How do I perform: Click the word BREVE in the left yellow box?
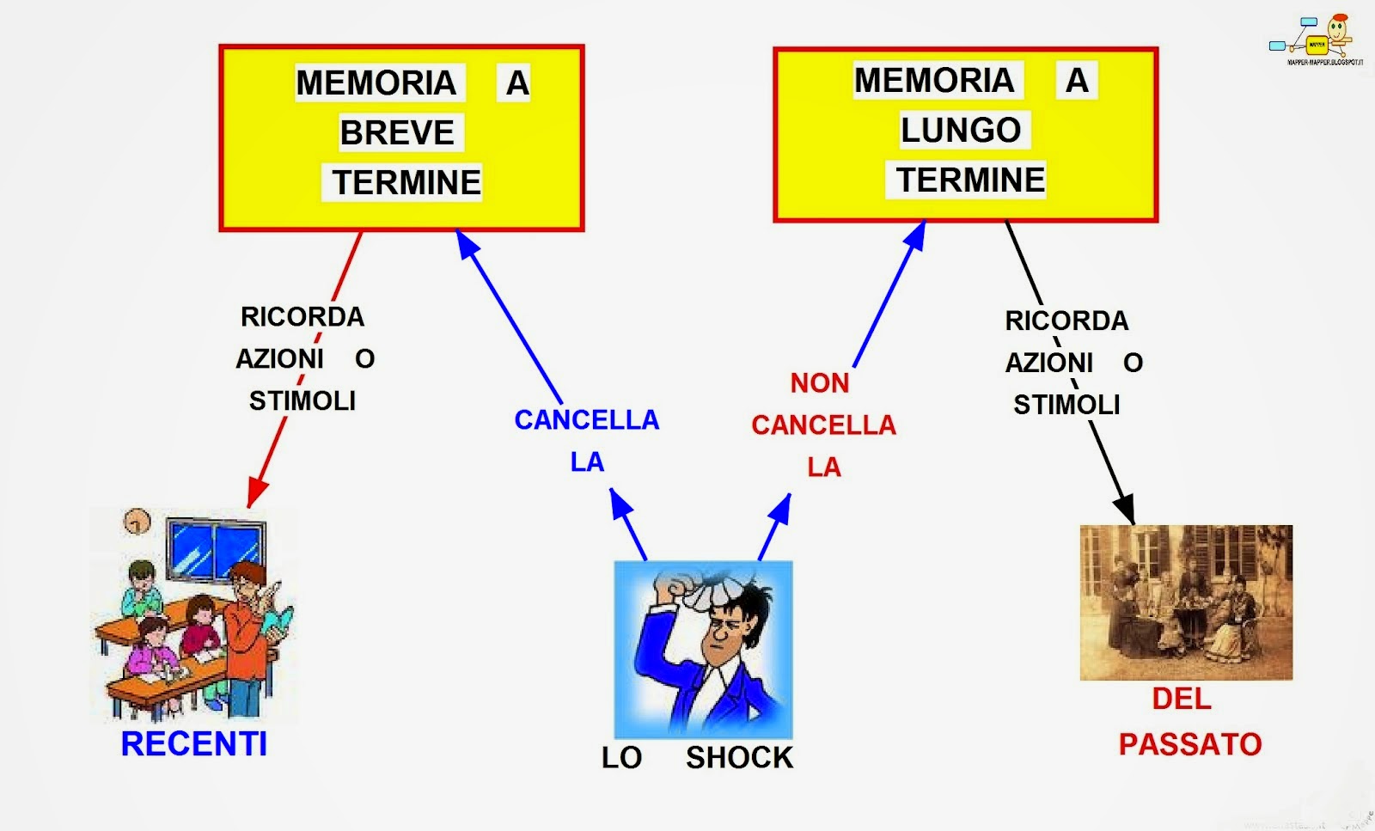coord(397,133)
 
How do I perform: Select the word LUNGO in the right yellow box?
coord(960,131)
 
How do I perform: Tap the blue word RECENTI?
coord(193,743)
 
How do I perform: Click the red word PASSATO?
coord(1189,743)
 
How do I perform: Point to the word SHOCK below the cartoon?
coord(739,757)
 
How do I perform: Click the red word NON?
coord(819,383)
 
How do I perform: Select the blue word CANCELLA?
coord(586,420)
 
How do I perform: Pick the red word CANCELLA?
coord(823,425)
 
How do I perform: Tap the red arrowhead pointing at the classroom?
coord(255,494)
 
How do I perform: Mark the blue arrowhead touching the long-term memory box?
coord(915,235)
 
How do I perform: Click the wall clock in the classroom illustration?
coord(137,521)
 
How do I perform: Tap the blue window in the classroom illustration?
coord(215,548)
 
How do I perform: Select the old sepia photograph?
coord(1186,602)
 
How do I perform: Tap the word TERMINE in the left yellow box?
coord(406,183)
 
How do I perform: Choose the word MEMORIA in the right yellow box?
coord(934,81)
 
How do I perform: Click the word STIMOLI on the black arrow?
coord(1066,405)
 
